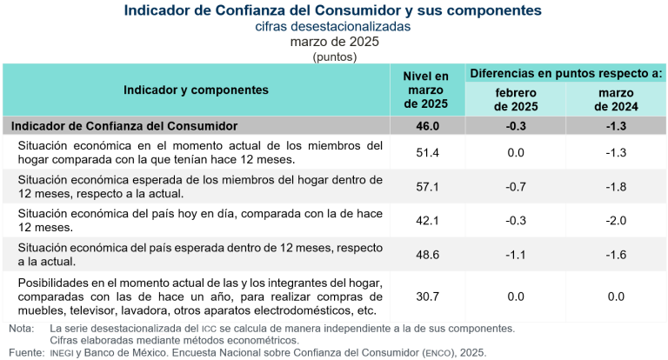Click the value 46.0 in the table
tap(426, 126)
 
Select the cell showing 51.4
tap(426, 152)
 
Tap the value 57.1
tap(426, 186)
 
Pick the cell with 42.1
tap(426, 220)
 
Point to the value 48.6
tap(426, 254)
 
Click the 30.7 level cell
tap(426, 297)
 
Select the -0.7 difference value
tap(516, 186)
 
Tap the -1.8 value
tap(616, 186)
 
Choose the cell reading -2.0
tap(616, 220)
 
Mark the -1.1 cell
tap(516, 254)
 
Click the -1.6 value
tap(616, 254)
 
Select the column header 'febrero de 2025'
tap(516, 100)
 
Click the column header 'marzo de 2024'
tap(616, 100)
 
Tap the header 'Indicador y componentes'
tap(196, 90)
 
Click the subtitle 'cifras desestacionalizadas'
tap(333, 27)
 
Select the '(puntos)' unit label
tap(334, 57)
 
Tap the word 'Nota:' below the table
tap(21, 328)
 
